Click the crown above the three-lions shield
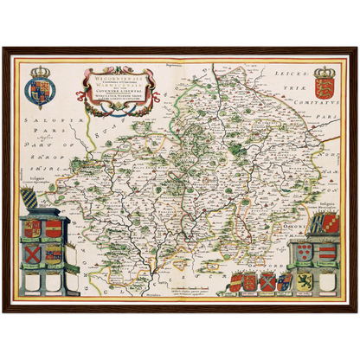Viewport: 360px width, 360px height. [x=325, y=72]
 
